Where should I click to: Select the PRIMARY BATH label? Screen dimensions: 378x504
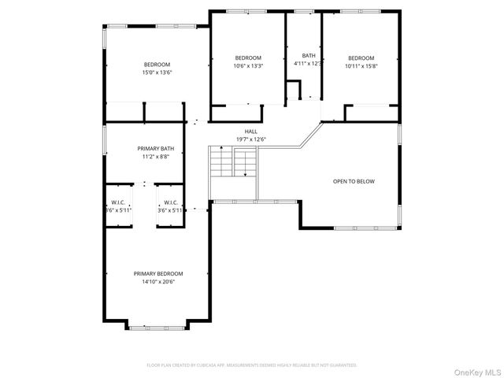coord(156,149)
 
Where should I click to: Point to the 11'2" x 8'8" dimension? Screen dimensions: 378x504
coord(156,157)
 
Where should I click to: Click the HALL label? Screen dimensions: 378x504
coord(250,132)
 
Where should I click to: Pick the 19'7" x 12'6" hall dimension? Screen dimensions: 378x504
coord(250,139)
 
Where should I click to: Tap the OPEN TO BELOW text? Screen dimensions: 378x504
coord(354,181)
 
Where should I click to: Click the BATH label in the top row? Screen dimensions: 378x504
coord(308,55)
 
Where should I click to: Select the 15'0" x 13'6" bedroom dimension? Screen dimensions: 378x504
coord(156,72)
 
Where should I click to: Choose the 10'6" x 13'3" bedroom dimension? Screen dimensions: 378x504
coord(248,66)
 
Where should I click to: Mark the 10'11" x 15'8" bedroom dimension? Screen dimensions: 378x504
coord(361,66)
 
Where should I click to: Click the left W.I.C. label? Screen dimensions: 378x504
coord(120,202)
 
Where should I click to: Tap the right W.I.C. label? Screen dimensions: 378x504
coord(169,202)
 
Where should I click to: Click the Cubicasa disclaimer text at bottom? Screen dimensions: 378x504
coord(252,365)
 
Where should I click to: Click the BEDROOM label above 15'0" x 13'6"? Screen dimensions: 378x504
coord(156,65)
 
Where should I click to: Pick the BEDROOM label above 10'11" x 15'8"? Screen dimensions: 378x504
coord(361,57)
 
